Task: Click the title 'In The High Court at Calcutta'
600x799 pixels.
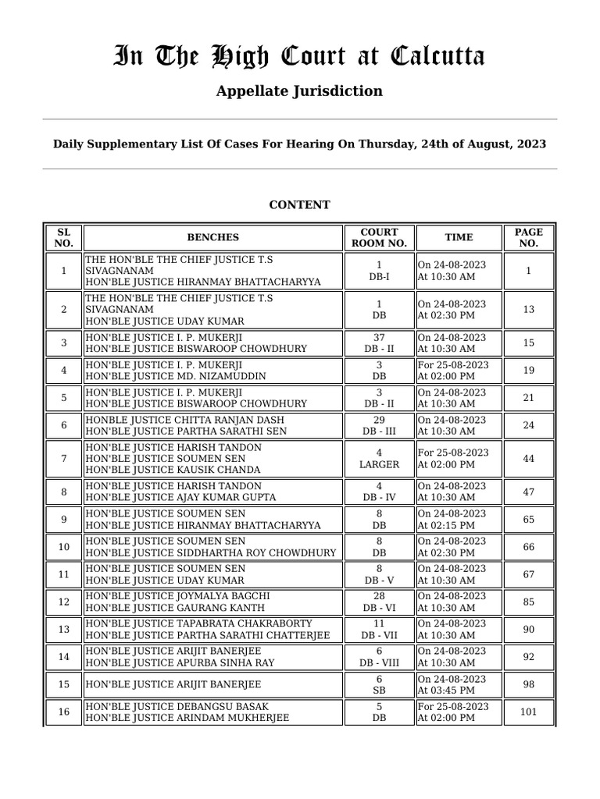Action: point(299,57)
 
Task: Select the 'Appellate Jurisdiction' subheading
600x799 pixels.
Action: point(299,91)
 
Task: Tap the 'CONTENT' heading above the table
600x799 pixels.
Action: point(299,205)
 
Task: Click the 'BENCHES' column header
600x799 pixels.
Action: point(212,237)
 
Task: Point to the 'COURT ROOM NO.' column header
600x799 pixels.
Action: point(379,237)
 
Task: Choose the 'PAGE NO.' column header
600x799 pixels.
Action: point(528,237)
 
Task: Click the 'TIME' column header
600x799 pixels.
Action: point(459,237)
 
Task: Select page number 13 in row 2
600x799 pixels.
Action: point(528,310)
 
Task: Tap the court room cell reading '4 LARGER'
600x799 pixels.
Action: point(379,459)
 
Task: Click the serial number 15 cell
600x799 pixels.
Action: point(63,685)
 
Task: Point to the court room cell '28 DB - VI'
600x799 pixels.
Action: point(379,602)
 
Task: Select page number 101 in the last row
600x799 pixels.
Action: point(528,712)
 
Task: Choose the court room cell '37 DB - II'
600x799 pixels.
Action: point(379,343)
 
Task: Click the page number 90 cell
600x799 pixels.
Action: point(528,630)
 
